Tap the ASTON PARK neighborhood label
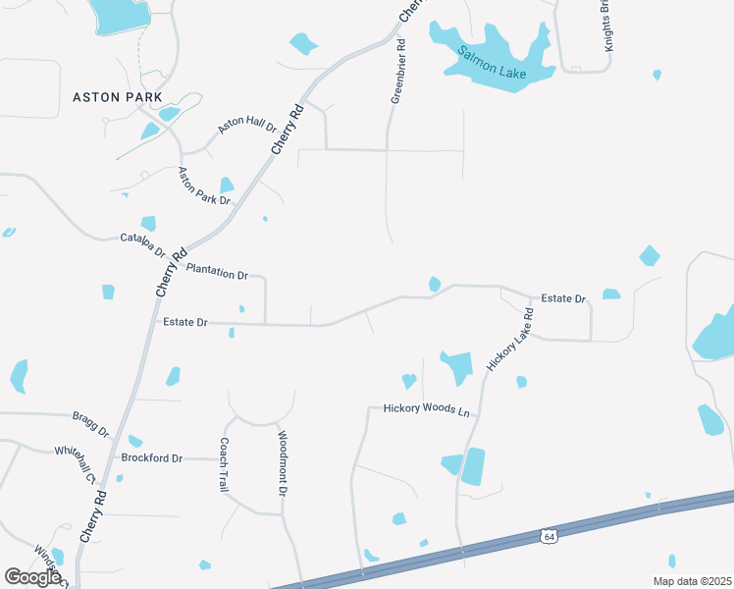(117, 97)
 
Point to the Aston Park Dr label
(203, 187)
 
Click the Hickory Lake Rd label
(509, 339)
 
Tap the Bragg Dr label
(90, 424)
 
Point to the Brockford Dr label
(152, 458)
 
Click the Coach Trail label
(224, 464)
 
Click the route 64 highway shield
(548, 536)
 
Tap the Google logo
(32, 577)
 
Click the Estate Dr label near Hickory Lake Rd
(563, 297)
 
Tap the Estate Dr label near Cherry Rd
(185, 322)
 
